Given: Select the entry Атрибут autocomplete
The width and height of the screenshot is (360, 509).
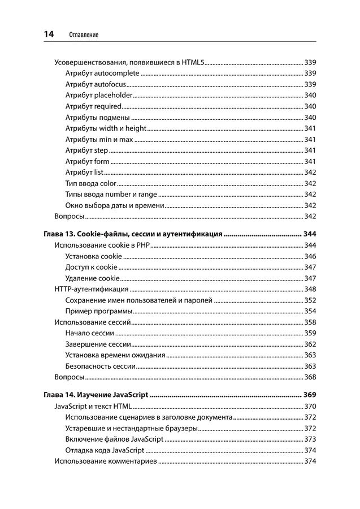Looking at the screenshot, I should [x=102, y=73].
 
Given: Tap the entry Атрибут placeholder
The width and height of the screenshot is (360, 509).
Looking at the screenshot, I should [x=99, y=95].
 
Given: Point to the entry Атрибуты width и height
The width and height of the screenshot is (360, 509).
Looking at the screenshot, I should [x=106, y=128].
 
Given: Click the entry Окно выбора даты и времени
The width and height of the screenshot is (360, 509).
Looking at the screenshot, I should [x=115, y=205].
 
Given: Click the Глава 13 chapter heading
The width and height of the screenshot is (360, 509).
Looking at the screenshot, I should [x=132, y=234].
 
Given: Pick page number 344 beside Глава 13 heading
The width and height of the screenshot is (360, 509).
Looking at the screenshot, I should [x=310, y=234].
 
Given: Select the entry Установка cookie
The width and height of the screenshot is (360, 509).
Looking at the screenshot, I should [x=93, y=256].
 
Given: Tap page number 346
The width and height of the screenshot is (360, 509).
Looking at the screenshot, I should [x=310, y=256].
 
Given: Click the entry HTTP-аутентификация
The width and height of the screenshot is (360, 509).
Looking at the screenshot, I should [x=91, y=289].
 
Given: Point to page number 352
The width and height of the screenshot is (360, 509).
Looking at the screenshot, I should [x=310, y=300].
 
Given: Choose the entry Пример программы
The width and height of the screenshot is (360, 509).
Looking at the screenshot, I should [x=98, y=311].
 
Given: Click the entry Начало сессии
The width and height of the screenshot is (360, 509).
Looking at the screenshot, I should [x=90, y=333].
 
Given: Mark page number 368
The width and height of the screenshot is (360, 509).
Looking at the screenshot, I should [x=310, y=377].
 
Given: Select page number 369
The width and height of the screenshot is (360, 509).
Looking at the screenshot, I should [x=310, y=395].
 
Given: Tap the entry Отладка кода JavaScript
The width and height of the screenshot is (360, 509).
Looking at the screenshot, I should [x=105, y=450].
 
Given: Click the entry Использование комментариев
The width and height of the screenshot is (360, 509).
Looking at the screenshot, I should [x=105, y=461].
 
